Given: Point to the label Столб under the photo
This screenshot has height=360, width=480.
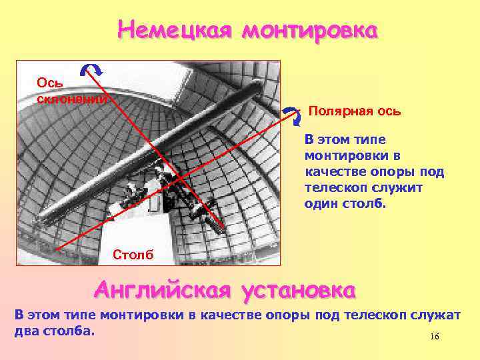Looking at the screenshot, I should click(x=133, y=255).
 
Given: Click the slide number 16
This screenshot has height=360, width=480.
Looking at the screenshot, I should click(x=435, y=337).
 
